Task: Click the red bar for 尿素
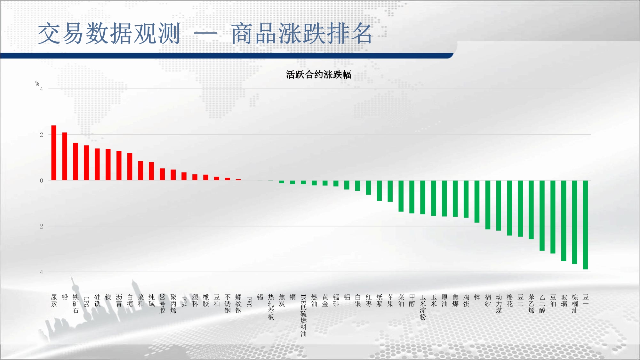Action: pos(54,153)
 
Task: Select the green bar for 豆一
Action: pos(585,225)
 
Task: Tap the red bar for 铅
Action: pos(65,156)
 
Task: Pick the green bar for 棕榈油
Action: pos(574,222)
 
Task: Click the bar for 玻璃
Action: pos(564,221)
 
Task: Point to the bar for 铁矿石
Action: pos(76,162)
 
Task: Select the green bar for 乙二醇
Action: pos(542,216)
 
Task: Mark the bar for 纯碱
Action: pos(151,171)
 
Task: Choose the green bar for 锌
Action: pos(477,202)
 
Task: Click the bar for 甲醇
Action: pos(412,197)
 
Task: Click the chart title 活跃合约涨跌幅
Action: pos(318,75)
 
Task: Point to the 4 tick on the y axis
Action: pos(42,89)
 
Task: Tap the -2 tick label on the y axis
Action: pos(40,226)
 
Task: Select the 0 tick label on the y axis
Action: pos(42,180)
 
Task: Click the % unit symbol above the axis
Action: pos(37,84)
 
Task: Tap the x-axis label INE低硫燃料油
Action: pos(303,316)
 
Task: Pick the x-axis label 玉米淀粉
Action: pos(423,307)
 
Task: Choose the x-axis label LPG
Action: pos(86,302)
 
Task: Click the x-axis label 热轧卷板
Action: pos(271,307)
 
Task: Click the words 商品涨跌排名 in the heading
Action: pos(302,34)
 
